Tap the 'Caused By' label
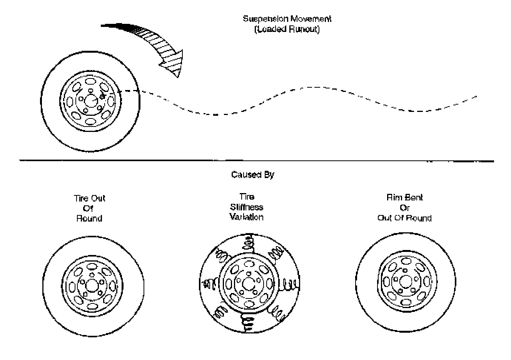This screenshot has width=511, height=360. pos(252,175)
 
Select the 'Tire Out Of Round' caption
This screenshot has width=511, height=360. pos(90,208)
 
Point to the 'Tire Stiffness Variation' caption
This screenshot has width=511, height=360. pos(246,207)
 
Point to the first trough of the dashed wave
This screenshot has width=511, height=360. pos(215,114)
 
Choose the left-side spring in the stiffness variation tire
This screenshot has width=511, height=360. pos(209,284)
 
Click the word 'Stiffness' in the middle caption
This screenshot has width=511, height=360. pos(247,207)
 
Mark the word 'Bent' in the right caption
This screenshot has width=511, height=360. pos(414,198)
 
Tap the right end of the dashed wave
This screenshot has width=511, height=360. pos(476,96)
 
